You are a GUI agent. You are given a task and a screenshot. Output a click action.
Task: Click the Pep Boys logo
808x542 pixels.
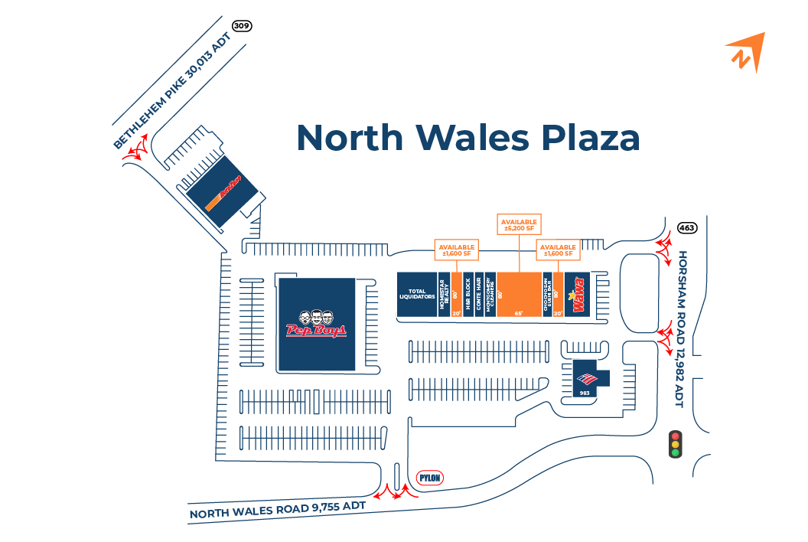click(x=317, y=325)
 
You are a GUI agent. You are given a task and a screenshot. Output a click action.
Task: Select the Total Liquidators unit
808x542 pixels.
click(x=417, y=294)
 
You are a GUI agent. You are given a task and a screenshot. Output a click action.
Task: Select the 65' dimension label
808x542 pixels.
click(x=520, y=312)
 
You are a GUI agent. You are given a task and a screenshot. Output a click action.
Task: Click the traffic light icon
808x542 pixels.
click(x=675, y=444)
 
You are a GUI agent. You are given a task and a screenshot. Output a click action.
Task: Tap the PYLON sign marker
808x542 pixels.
click(x=430, y=478)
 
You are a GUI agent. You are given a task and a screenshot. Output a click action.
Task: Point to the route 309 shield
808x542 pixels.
click(x=243, y=26)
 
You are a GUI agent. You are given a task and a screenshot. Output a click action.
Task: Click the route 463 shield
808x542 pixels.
click(x=687, y=228)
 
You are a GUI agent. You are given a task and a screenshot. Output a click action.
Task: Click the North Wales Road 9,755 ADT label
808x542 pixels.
click(x=278, y=509)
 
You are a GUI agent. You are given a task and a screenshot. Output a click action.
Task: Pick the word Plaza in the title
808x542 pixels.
click(x=589, y=138)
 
